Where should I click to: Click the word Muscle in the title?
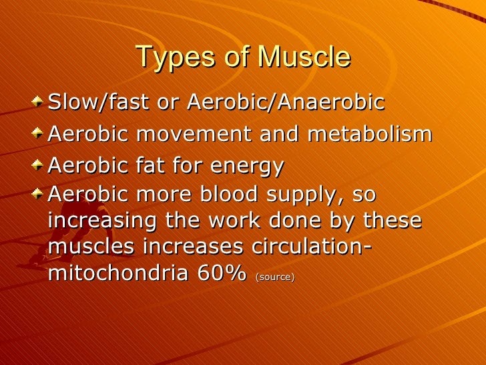click(304, 56)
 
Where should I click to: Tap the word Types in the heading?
click(176, 57)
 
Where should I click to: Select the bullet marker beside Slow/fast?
click(37, 102)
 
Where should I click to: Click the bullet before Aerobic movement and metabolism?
click(37, 133)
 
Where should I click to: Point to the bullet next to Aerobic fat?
click(37, 165)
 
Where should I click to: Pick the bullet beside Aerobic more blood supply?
click(37, 194)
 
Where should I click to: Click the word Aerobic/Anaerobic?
click(286, 102)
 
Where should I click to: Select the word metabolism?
click(370, 134)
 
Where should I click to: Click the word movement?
click(194, 134)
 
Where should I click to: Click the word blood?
click(228, 194)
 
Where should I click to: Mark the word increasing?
click(102, 221)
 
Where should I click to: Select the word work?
click(234, 220)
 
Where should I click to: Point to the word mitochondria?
click(118, 273)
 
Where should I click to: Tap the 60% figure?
click(222, 273)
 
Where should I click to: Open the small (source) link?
click(274, 277)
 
